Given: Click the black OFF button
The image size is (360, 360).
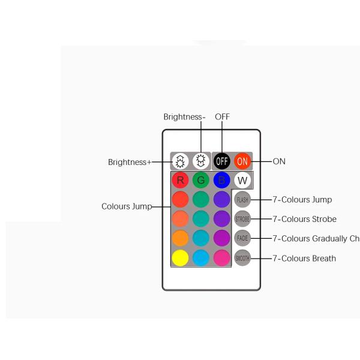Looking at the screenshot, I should point(222,161).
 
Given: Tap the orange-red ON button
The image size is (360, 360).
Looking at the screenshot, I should point(242,161).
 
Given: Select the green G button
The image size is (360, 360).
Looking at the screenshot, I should point(201,180).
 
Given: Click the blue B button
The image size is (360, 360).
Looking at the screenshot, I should point(221,180).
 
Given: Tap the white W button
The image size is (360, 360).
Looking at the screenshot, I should point(242,180).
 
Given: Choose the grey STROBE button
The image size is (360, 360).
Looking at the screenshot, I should point(242,219).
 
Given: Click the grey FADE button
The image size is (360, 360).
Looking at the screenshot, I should point(242,238).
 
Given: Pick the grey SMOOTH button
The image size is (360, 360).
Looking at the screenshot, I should point(242,258).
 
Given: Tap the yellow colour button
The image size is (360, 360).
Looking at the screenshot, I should point(180,258).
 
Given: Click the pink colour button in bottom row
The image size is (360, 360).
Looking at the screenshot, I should point(221,258).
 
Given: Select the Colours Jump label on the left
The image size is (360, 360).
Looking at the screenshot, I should point(127,206).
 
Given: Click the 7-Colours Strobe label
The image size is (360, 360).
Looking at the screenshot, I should point(304,219).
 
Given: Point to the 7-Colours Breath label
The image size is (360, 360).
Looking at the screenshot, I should point(304,259).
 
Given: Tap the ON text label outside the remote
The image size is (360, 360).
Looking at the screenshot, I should point(279,161).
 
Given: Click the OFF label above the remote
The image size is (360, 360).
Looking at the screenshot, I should point(222,117).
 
